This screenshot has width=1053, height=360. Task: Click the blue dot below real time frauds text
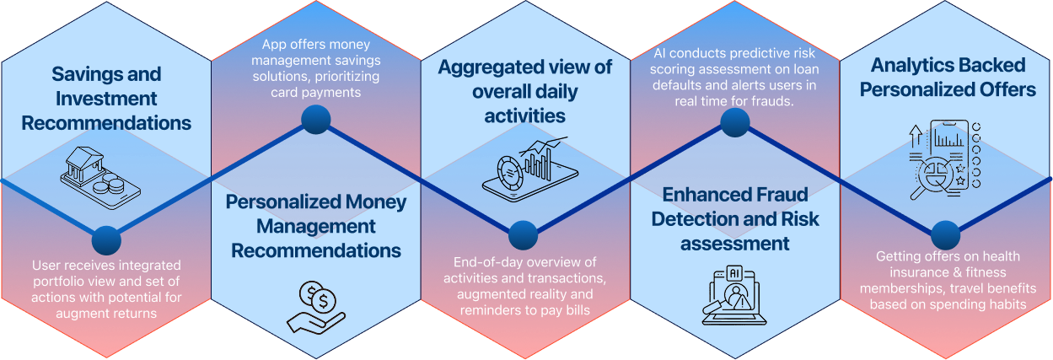point(735,121)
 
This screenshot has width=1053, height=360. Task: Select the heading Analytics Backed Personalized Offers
point(947,77)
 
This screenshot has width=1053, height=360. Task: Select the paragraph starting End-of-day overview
point(524,287)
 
